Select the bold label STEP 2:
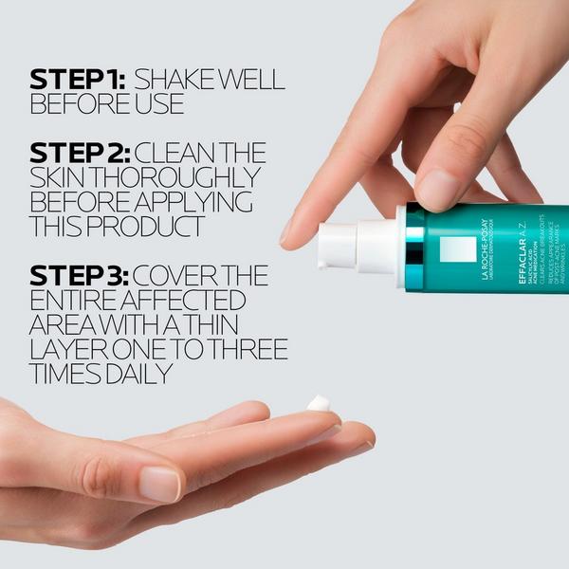click(x=80, y=153)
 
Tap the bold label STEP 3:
click(x=80, y=276)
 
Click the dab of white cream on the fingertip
click(x=319, y=404)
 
